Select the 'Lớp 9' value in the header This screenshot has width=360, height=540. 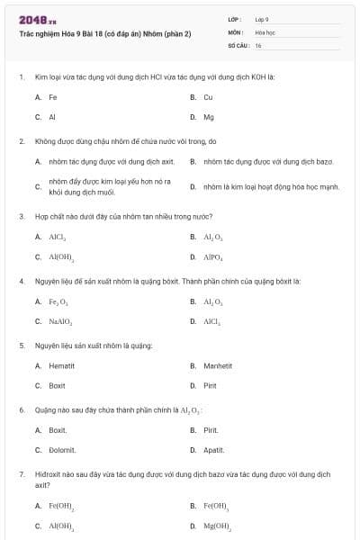(x=262, y=19)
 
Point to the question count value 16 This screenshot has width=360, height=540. (x=257, y=44)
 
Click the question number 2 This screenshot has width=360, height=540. (x=21, y=141)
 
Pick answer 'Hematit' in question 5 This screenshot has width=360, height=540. (x=61, y=365)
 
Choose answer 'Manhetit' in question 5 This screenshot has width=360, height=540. (x=218, y=365)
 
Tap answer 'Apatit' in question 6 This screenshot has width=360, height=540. (x=213, y=450)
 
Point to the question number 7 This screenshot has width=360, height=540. (x=21, y=472)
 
